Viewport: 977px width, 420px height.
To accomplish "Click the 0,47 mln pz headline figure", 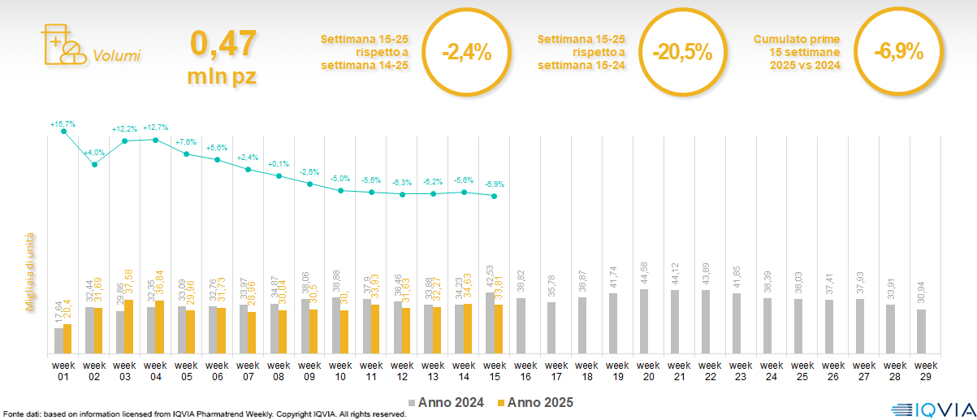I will [x=223, y=56].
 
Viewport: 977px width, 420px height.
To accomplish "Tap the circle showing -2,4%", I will [x=466, y=53].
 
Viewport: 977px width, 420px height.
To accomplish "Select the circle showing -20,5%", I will [x=682, y=53].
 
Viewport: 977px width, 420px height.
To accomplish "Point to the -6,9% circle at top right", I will [x=898, y=51].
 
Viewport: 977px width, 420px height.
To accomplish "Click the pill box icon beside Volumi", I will [x=62, y=45].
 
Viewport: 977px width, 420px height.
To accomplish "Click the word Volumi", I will [x=117, y=56].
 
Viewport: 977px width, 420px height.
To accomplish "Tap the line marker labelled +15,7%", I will [x=64, y=132].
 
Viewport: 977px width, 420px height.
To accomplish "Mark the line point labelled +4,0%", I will [x=95, y=165].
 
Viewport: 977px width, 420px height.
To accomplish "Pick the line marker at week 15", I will [x=494, y=197].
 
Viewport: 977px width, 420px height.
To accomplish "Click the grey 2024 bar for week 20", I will [x=644, y=322].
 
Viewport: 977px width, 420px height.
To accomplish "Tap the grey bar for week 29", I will [x=921, y=331].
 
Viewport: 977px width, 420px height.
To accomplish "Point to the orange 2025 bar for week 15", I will [x=499, y=329].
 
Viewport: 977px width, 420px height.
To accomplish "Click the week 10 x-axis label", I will [x=340, y=370].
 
